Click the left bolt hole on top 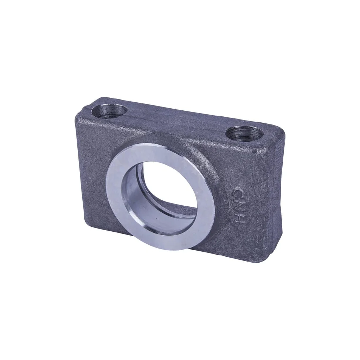[x=110, y=111]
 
